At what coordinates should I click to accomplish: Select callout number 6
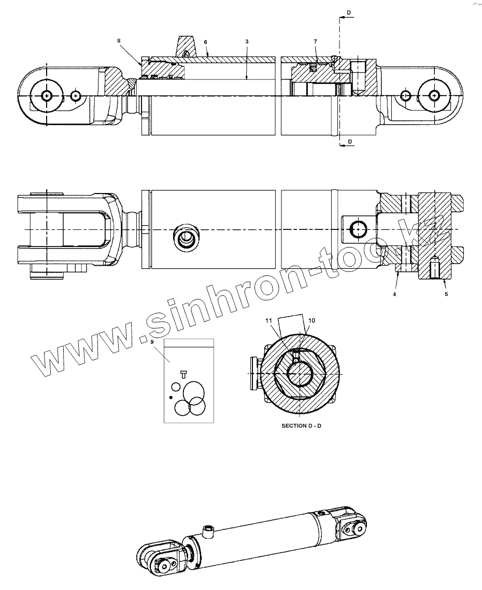tap(206, 42)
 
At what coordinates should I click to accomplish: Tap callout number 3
tap(247, 42)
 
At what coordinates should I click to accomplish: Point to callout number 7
tap(315, 42)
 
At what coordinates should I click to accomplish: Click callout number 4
tap(394, 294)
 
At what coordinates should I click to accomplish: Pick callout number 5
tap(446, 294)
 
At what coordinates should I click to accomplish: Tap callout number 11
tap(268, 321)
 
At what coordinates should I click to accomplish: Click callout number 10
tap(311, 321)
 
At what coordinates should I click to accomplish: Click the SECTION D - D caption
tap(302, 426)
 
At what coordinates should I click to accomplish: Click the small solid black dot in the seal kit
tap(171, 397)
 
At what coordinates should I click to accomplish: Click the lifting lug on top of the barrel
tap(187, 45)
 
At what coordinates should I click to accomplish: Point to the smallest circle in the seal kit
tap(176, 387)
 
